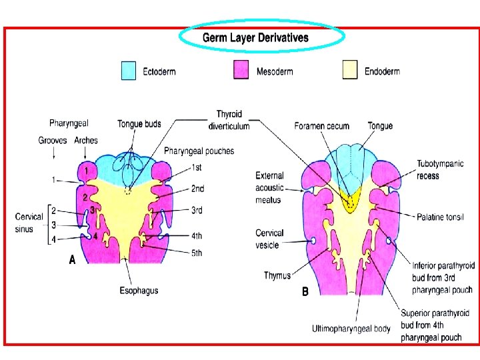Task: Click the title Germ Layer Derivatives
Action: pos(256,38)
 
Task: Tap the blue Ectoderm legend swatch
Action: pos(129,69)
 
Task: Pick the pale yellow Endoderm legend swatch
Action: pos(350,69)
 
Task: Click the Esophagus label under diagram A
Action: pos(139,291)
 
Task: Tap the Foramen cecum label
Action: pos(322,126)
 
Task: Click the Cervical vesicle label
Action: pos(270,239)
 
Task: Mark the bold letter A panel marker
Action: pos(73,261)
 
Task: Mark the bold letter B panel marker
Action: pos(305,291)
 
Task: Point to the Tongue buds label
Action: pos(139,123)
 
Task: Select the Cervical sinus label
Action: pos(29,222)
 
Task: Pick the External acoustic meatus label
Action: pos(269,187)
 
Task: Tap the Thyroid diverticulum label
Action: pos(229,121)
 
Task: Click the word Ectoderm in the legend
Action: pos(159,71)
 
